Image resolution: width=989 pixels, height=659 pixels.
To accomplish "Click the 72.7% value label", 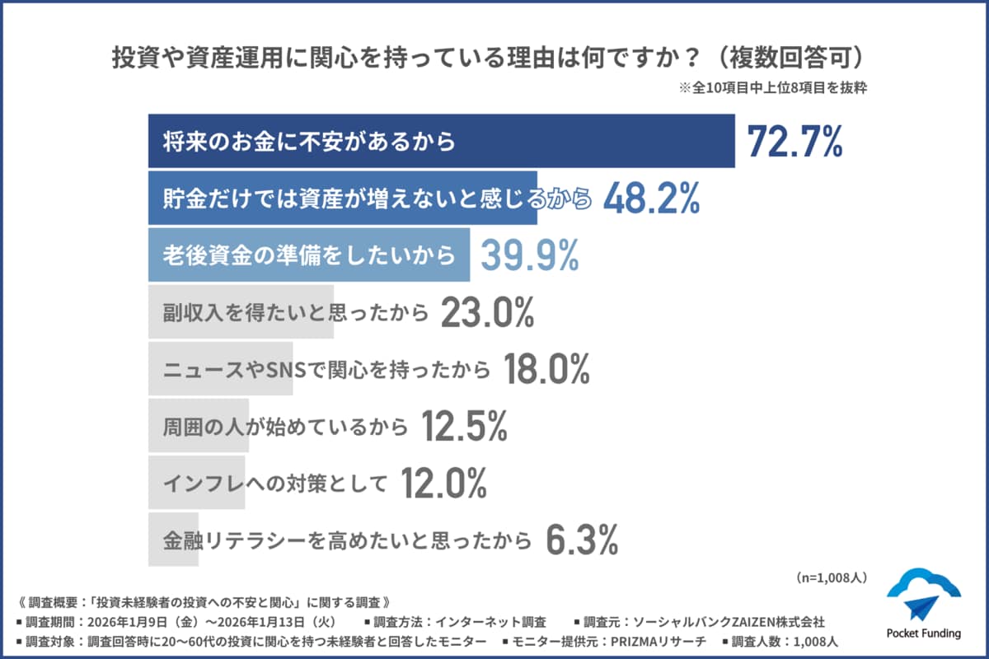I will point(794,142).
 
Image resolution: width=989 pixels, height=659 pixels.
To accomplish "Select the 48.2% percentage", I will point(651,199).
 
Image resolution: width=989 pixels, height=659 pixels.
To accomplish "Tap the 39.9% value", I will point(529,255).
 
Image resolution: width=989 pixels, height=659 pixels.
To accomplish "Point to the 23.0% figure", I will point(488,313).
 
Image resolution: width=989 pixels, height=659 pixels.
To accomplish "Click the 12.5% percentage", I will point(464,426).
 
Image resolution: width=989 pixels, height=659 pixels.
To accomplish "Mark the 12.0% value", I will point(443,484).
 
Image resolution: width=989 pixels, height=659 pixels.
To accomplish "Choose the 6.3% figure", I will point(582,540).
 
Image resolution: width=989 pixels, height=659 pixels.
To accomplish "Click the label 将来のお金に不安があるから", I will point(309,142).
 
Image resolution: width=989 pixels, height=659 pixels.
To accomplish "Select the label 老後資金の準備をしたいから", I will point(309,255).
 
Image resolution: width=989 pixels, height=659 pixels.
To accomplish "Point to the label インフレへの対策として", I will point(275,484).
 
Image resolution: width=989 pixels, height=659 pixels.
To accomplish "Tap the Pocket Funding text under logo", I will point(923,633).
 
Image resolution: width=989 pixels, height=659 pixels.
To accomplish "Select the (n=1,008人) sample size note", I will point(831,577).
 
